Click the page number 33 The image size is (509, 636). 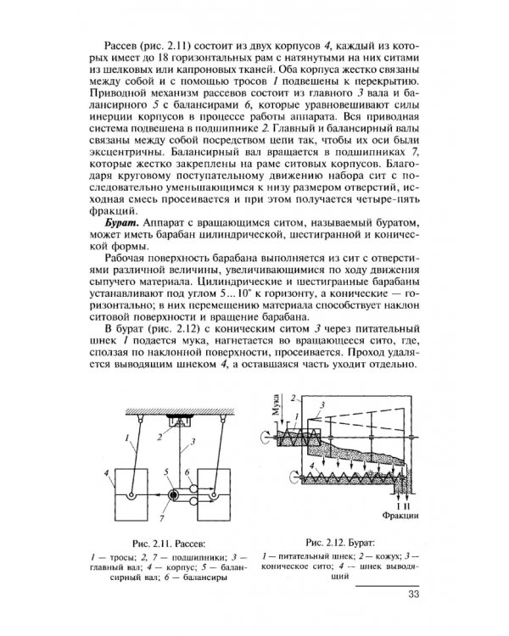tap(412, 594)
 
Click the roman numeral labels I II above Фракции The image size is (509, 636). tap(400, 500)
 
